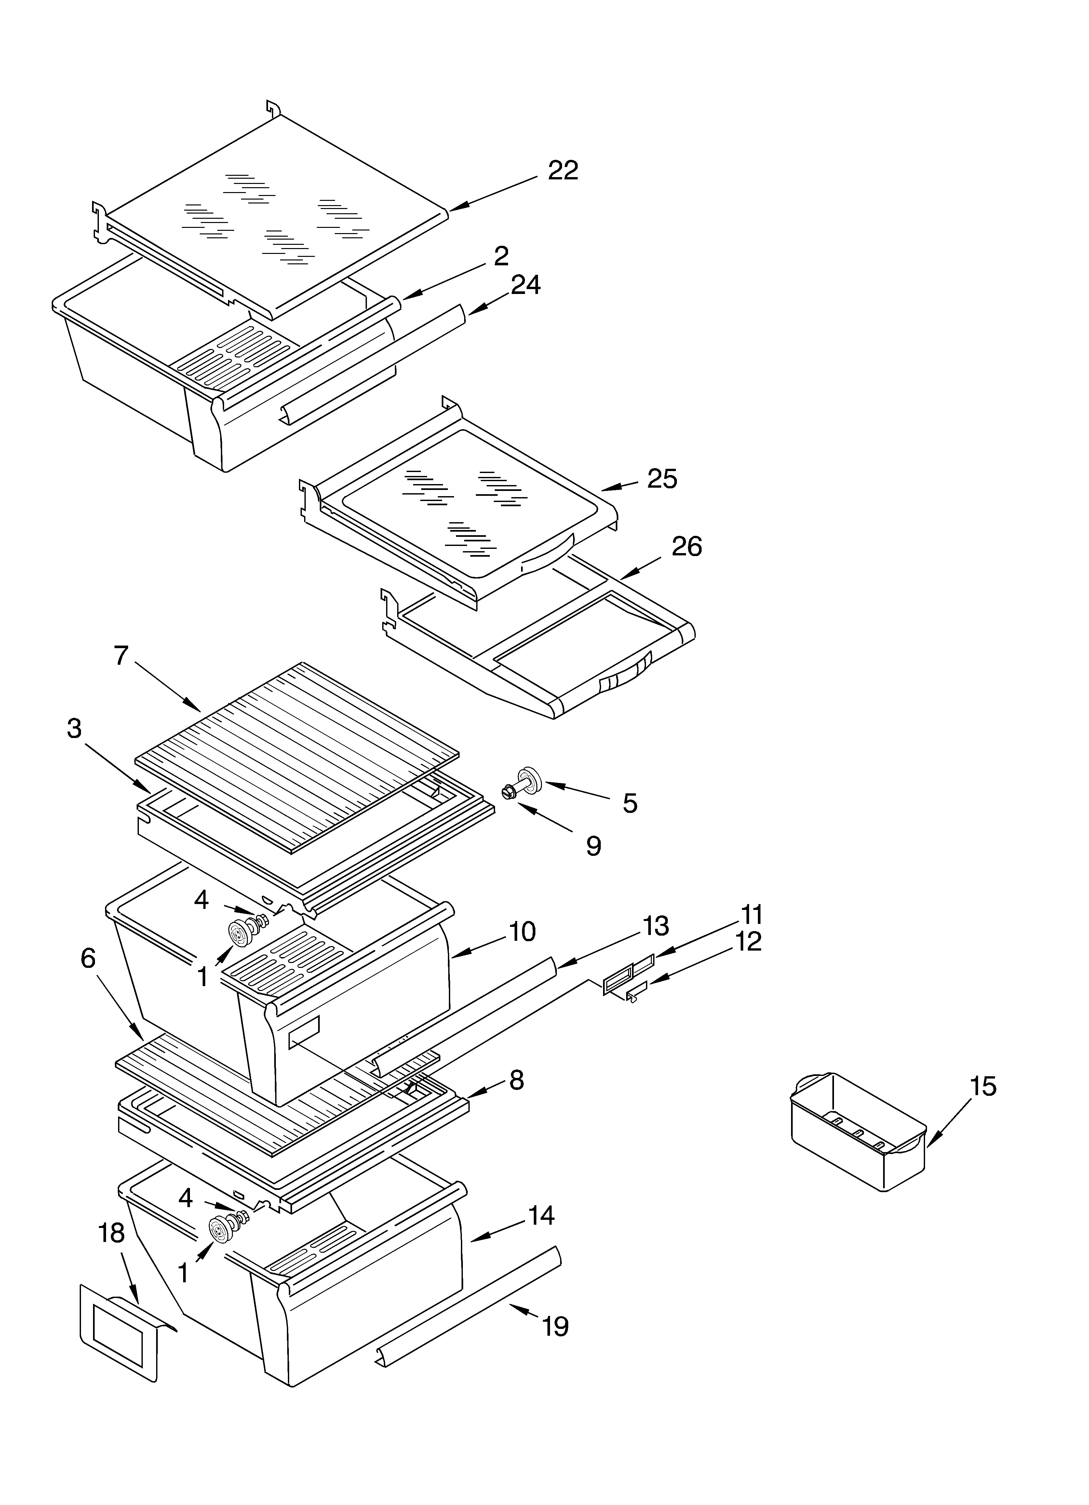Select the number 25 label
pyautogui.click(x=662, y=479)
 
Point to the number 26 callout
pyautogui.click(x=686, y=547)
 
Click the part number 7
pyautogui.click(x=121, y=656)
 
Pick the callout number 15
pyautogui.click(x=983, y=1086)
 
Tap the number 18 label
pyautogui.click(x=112, y=1233)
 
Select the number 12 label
pyautogui.click(x=748, y=941)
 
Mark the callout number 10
pyautogui.click(x=523, y=932)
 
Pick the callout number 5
pyautogui.click(x=629, y=803)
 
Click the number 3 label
pyautogui.click(x=74, y=728)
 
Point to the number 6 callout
pyautogui.click(x=88, y=958)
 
